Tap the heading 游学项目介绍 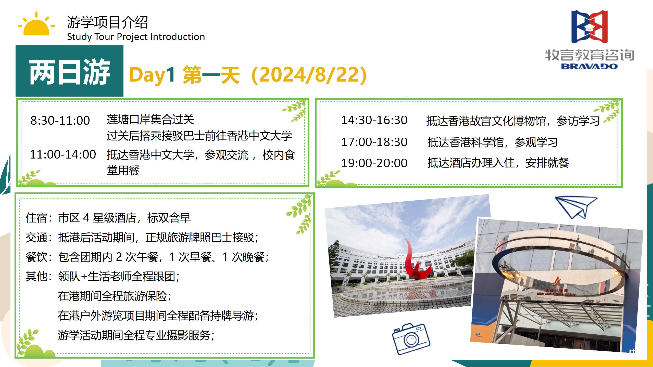107,22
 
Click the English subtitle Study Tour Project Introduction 136,37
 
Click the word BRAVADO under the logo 589,67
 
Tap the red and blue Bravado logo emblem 589,27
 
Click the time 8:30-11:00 60,121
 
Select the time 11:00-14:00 63,154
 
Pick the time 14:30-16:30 374,120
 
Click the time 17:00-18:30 374,142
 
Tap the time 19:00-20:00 374,163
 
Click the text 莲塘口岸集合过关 150,120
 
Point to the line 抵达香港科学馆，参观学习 493,142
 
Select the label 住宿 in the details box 36,218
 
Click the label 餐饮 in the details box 36,257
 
